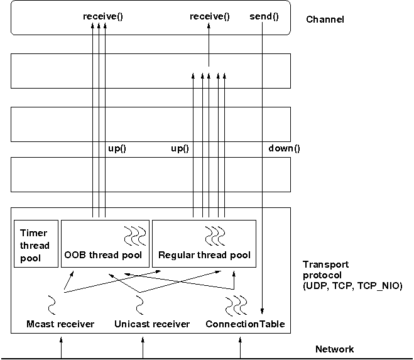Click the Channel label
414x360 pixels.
coord(325,19)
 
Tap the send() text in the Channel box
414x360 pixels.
coord(264,16)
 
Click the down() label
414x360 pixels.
coord(284,149)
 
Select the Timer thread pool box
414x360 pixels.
coord(35,242)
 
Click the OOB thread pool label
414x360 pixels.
coord(104,255)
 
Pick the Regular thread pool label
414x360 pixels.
coord(204,255)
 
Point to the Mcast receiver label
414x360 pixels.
coord(61,324)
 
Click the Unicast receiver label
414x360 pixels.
coord(152,324)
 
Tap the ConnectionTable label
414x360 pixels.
coord(245,324)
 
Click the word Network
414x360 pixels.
coord(335,349)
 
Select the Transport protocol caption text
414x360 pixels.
coord(351,275)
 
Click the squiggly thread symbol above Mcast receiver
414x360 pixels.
coord(52,305)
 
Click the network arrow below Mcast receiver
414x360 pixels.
coord(62,347)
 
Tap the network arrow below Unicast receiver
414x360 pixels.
coord(143,347)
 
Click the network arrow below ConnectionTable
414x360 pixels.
coord(240,347)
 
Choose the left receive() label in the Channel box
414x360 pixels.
coord(102,16)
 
